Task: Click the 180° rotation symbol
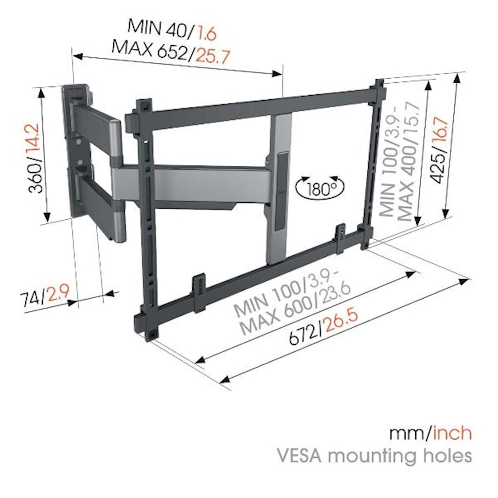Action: point(320,187)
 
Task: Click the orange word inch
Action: point(452,433)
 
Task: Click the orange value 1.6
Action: point(205,34)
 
